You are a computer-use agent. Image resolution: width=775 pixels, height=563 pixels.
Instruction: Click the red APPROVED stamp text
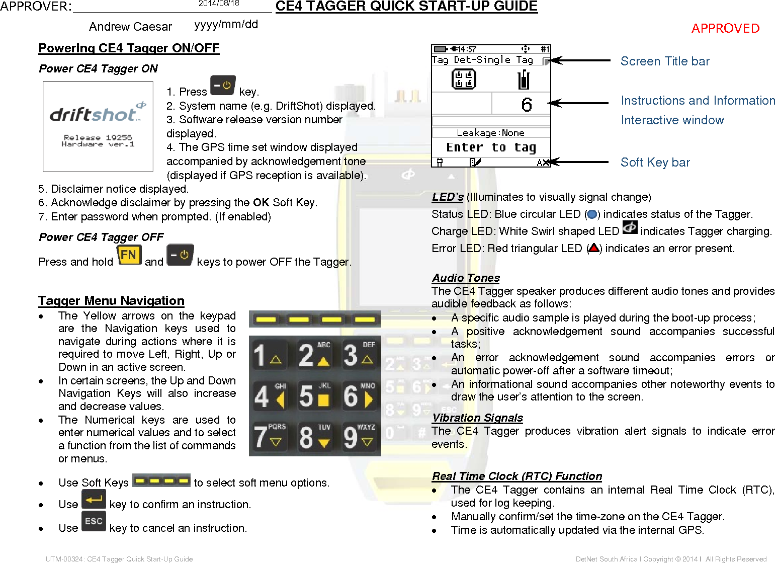pos(725,28)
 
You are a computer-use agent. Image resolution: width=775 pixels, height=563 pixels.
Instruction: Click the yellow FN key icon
pos(128,255)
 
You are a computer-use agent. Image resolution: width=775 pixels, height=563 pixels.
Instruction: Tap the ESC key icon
pos(94,521)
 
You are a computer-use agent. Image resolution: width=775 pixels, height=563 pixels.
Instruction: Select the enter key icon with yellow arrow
pos(94,500)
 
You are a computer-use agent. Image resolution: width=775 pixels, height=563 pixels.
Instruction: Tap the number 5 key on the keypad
pos(314,395)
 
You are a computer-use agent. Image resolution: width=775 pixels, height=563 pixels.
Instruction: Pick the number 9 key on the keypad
pos(359,437)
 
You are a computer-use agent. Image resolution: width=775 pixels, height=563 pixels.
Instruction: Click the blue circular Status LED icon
pos(592,215)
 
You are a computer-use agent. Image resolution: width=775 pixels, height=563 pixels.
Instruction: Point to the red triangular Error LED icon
pos(594,248)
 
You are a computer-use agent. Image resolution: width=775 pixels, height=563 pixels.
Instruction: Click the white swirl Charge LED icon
pos(630,228)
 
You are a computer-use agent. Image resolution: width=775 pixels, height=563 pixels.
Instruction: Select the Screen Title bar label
pos(664,61)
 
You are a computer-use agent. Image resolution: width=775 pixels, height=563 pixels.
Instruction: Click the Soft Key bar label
pos(655,163)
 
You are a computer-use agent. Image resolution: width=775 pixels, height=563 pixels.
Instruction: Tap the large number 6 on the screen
pos(526,105)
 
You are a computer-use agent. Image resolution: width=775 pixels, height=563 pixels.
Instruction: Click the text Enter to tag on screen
pos(491,147)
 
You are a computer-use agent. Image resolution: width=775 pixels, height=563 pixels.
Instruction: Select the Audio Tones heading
pos(466,278)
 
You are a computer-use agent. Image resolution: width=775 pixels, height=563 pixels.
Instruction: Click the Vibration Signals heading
pos(477,418)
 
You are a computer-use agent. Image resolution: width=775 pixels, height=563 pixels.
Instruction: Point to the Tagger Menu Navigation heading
pos(111,301)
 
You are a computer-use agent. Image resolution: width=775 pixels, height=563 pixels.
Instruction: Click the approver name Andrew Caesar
pos(130,27)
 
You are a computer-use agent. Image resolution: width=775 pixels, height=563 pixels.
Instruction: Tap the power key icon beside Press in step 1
pos(223,86)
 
